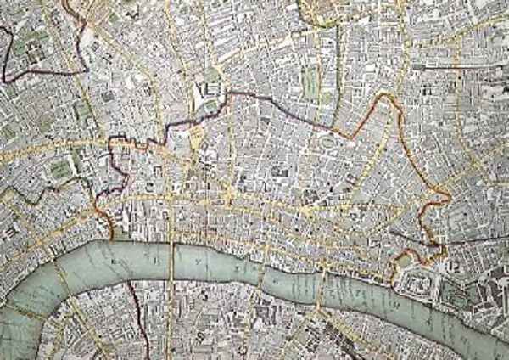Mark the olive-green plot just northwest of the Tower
point(399,255)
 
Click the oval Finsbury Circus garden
point(325,151)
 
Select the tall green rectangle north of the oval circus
point(312,83)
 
